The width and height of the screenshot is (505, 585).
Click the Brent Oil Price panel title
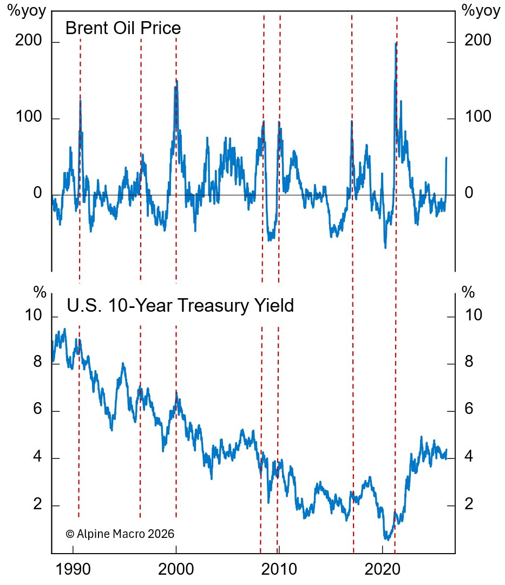point(123,28)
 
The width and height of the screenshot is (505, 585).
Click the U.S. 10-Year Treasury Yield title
point(180,306)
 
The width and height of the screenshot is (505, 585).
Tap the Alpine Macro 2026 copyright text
point(120,534)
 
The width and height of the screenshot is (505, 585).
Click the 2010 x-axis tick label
point(279,571)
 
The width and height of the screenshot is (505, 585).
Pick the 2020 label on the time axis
point(382,571)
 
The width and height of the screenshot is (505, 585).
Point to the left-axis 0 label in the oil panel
point(37,193)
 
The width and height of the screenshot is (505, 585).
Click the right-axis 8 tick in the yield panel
point(469,361)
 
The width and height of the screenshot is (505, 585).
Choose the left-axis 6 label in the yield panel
point(37,410)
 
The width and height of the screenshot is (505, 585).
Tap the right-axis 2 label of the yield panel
point(469,504)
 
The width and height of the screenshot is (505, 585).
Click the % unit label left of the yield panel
point(40,293)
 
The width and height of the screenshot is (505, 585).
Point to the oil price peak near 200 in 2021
point(396,43)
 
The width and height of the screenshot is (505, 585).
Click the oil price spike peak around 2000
point(176,81)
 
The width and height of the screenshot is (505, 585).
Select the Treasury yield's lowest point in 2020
point(386,538)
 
